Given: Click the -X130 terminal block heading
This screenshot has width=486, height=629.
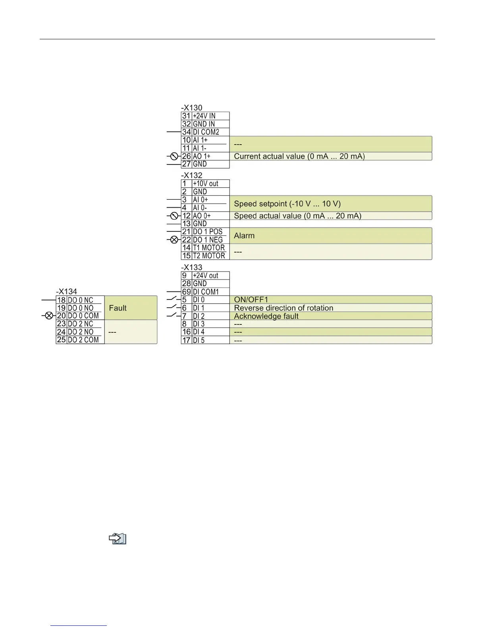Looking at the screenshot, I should coord(192,108).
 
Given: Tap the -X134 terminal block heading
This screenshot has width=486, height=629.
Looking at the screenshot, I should coord(67,291).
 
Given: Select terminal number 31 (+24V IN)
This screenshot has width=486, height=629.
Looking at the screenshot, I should coord(186,116).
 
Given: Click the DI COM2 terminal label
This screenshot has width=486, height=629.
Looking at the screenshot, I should coord(206,132).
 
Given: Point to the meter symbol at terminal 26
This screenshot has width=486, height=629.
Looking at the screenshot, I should coord(174,156).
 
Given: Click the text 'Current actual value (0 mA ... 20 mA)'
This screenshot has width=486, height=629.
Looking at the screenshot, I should coord(299,156).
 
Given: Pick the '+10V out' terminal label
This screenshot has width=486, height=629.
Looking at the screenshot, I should coord(206,184).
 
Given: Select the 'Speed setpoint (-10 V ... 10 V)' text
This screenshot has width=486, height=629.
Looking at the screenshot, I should coord(287,204).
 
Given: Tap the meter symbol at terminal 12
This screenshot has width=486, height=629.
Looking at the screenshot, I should coord(174,216).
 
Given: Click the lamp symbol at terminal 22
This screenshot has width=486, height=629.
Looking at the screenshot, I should coord(174,240).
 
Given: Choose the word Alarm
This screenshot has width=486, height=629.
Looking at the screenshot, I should coord(244,236).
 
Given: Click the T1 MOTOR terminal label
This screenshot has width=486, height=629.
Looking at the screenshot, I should coord(209,248).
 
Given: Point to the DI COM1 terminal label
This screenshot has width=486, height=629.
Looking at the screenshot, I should coord(206,292).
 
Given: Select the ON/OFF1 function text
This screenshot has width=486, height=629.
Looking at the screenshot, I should coord(251,300).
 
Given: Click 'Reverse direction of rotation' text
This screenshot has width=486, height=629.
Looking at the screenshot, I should coord(283,308).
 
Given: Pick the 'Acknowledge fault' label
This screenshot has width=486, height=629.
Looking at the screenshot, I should coord(266,316).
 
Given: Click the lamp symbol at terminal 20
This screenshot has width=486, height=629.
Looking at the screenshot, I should coord(49,316).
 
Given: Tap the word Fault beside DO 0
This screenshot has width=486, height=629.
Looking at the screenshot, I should coord(118,308).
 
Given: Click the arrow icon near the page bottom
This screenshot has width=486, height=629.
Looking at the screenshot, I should coord(118,539).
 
